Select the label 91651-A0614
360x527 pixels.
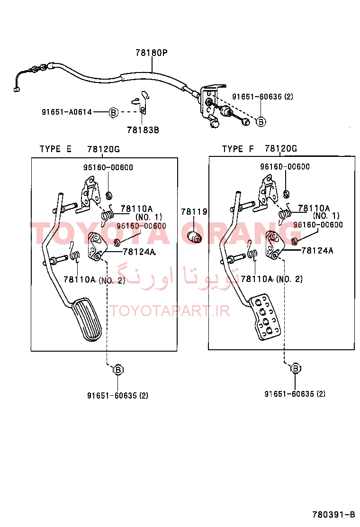[x=66, y=112]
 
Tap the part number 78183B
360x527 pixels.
[x=143, y=129]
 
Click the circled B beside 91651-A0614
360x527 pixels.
[x=113, y=112]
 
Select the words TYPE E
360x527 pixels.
[x=55, y=149]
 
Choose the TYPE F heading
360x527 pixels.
[x=238, y=149]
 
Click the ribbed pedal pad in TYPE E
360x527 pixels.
[x=87, y=319]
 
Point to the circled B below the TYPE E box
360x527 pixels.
[x=118, y=369]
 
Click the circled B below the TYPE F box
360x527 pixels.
[x=295, y=368]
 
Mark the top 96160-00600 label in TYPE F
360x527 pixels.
[x=285, y=167]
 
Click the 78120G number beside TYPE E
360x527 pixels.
[x=103, y=149]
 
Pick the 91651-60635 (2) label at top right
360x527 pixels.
[x=262, y=97]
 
